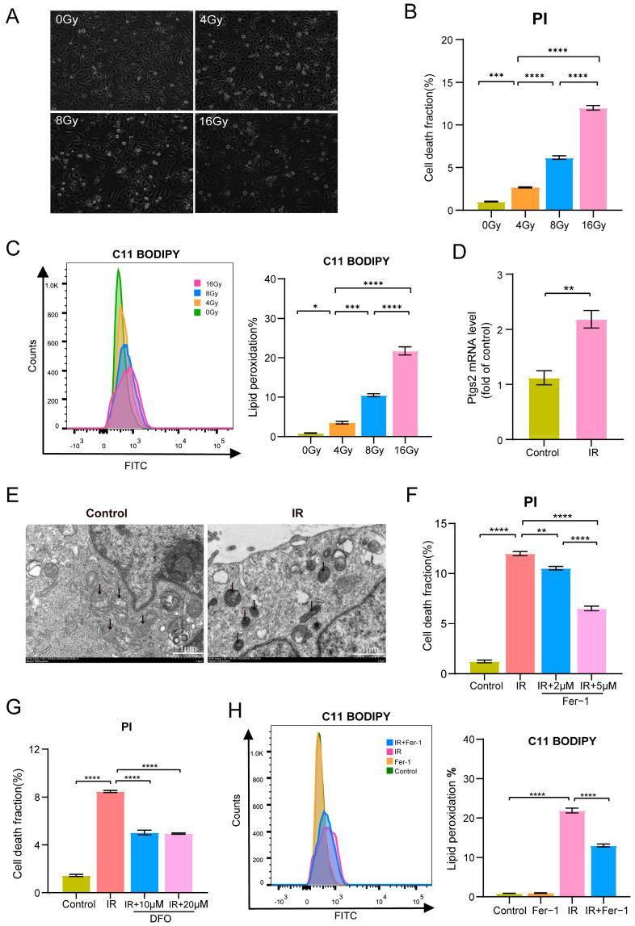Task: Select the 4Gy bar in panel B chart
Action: tap(504, 199)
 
